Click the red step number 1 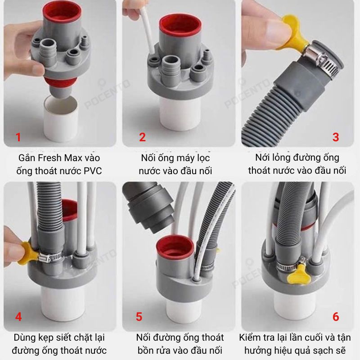(18, 137)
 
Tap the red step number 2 (142, 137)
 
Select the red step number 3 (336, 137)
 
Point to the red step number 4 (18, 317)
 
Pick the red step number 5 (139, 317)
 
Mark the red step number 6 (336, 317)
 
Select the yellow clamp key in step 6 (296, 274)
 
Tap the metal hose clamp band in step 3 (320, 61)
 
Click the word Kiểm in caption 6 (249, 338)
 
